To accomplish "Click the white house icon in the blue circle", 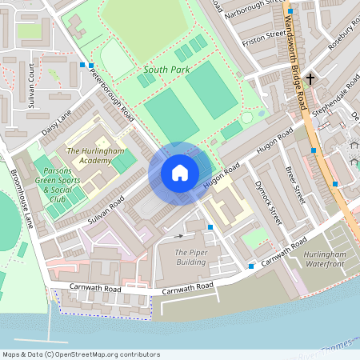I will point(180,173).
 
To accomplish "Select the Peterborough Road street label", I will point(113,95).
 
